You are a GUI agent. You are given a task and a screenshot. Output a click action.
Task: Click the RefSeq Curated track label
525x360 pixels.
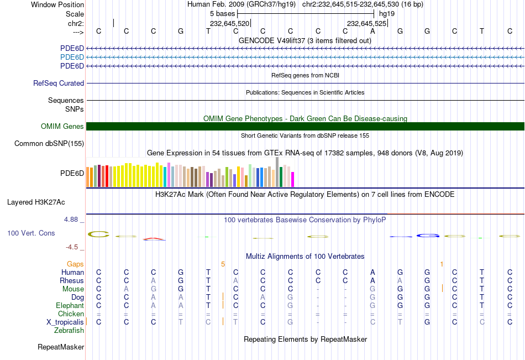[59, 84]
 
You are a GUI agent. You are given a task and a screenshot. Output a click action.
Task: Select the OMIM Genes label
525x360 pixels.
[62, 127]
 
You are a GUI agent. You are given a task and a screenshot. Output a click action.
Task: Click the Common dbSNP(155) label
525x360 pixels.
[49, 144]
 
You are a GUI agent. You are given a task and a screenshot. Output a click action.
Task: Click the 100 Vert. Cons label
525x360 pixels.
[31, 233]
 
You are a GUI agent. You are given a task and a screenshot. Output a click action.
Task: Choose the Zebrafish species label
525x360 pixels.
[69, 331]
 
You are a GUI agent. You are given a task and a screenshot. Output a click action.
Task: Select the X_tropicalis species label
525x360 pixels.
[65, 322]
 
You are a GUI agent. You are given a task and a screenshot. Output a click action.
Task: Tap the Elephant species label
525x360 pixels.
[70, 306]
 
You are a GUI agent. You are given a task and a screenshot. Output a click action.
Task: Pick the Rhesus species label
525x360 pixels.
[72, 281]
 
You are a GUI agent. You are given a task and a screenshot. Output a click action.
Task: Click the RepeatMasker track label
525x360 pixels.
[61, 347]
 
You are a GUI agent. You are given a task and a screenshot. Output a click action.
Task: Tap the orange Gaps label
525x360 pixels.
[76, 264]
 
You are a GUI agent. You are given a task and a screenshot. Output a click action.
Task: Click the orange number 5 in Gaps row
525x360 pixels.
[223, 264]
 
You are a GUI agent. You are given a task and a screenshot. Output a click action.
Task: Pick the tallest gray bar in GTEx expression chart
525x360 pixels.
[277, 171]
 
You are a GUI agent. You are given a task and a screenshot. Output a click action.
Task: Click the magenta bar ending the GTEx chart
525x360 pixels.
[292, 179]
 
